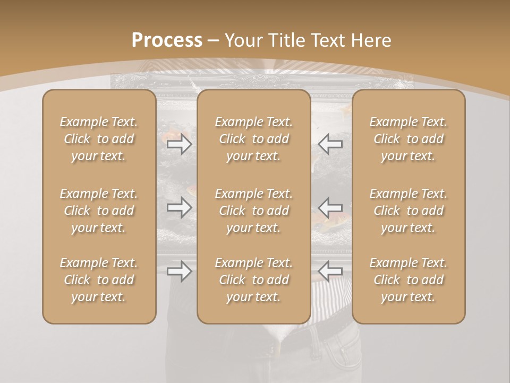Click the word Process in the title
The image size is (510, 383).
(167, 40)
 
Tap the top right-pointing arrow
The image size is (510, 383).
(180, 144)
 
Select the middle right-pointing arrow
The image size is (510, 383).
(180, 207)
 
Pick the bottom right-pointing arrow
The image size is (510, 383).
(180, 271)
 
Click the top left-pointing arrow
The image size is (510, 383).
(330, 144)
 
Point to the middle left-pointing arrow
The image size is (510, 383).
(330, 207)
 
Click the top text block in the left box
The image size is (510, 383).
(99, 139)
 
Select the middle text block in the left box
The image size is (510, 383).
(99, 211)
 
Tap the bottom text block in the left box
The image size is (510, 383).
(99, 280)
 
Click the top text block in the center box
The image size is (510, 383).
(254, 139)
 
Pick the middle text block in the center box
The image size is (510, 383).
(254, 211)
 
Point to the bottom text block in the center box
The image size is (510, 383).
(254, 280)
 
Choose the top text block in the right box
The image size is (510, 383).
(409, 139)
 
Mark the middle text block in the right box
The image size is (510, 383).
(409, 211)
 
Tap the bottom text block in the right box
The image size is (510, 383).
(409, 280)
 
